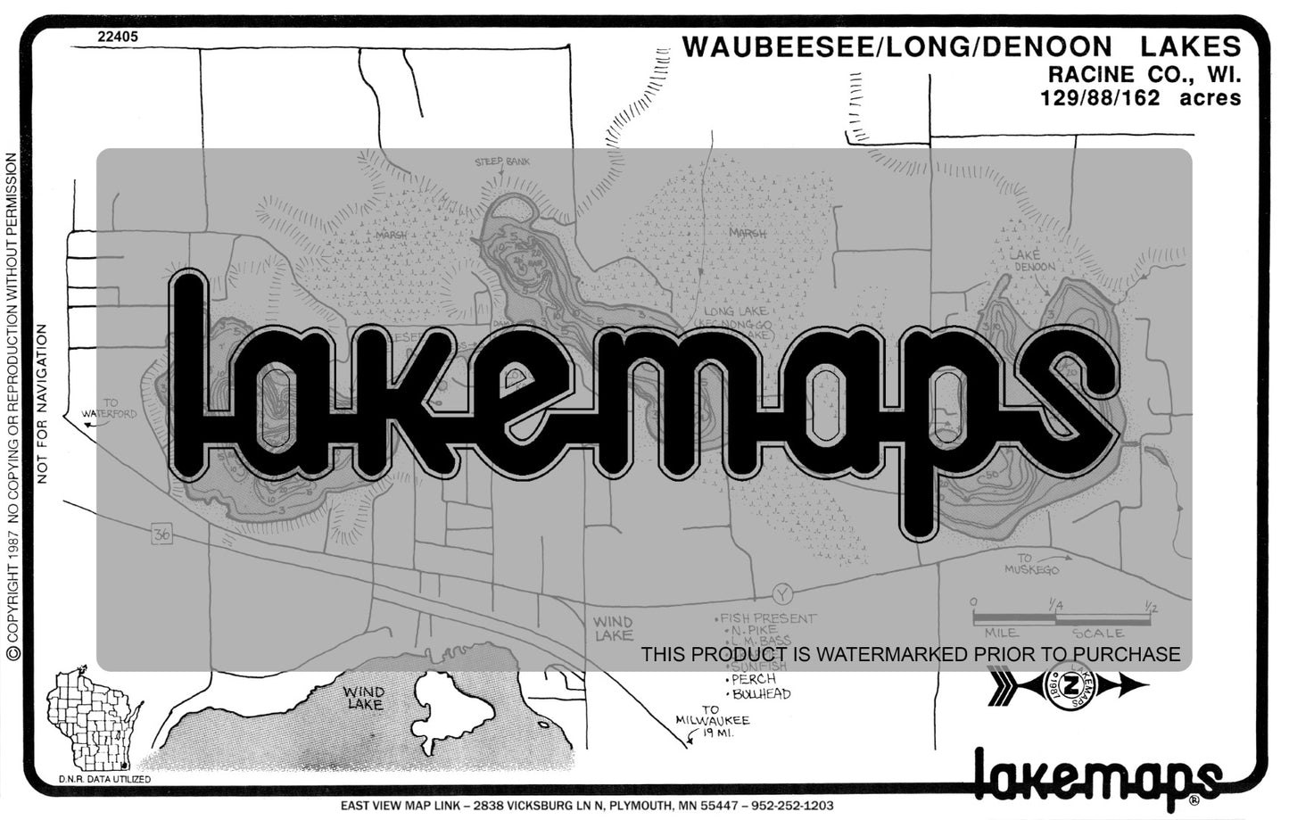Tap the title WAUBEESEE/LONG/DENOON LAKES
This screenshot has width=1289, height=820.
tap(961, 47)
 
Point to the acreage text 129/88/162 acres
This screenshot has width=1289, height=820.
tap(1140, 98)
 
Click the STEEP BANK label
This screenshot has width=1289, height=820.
tap(502, 162)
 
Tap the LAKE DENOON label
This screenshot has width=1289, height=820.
tap(1032, 261)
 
